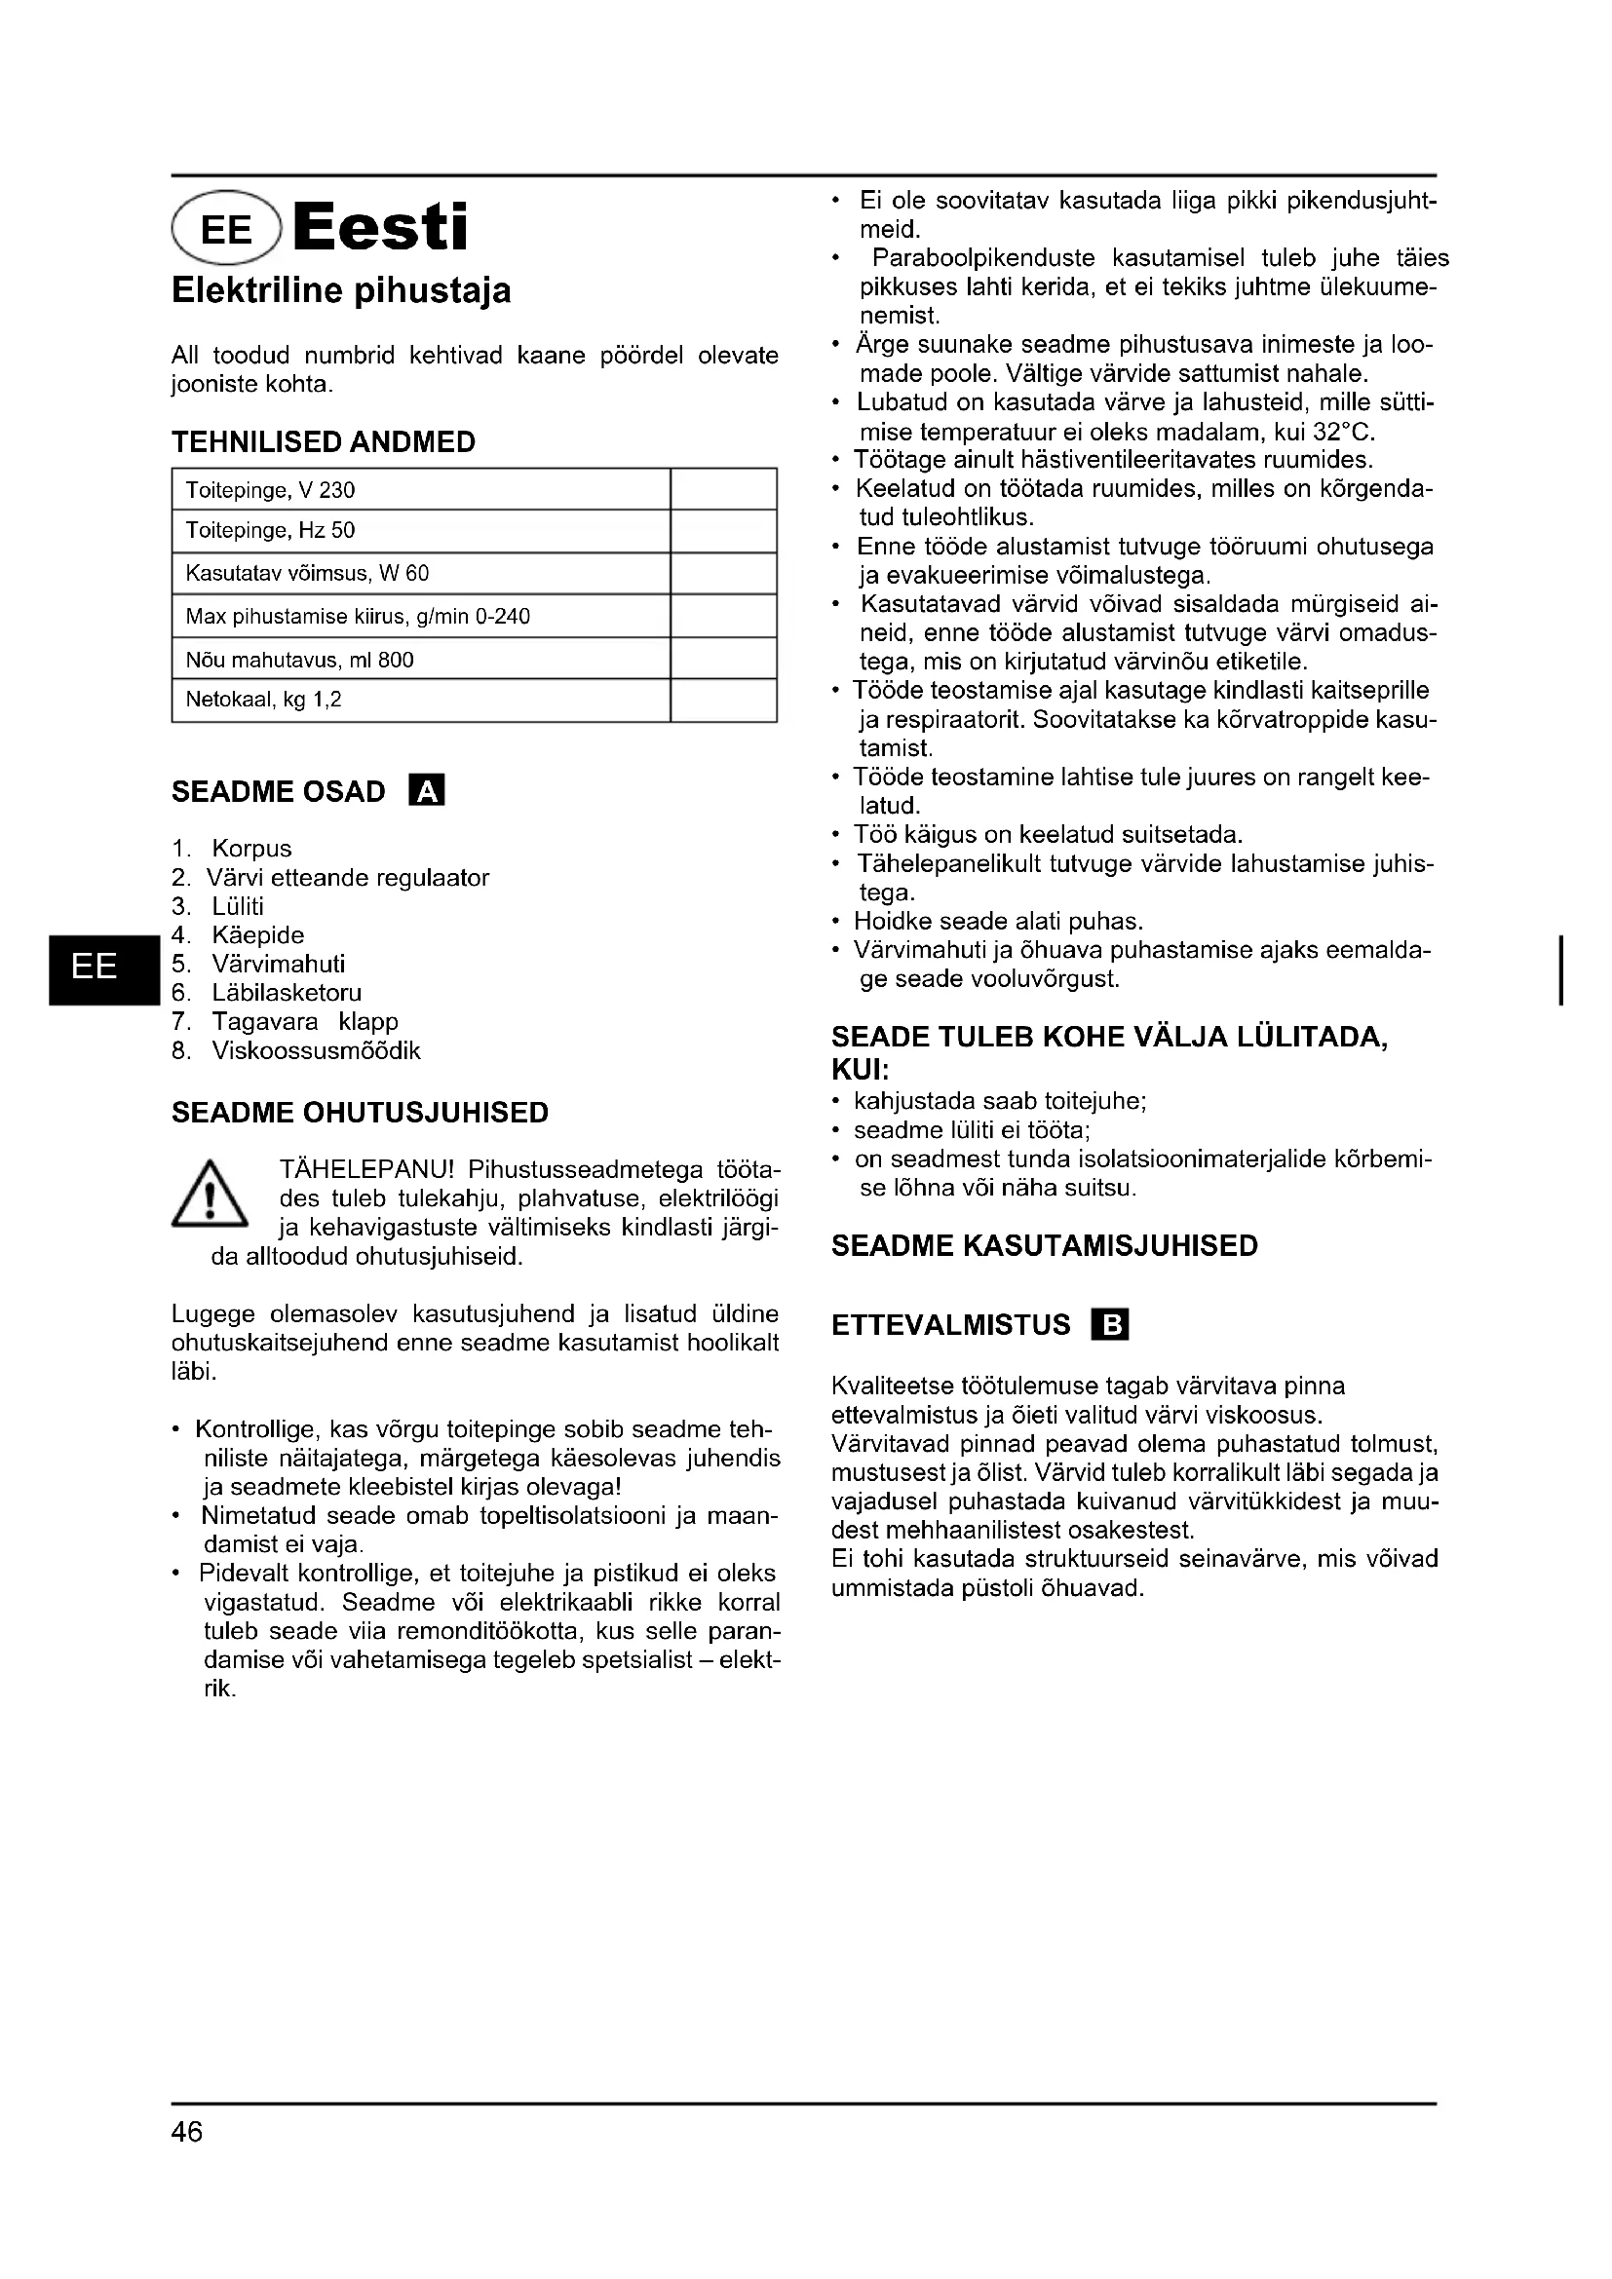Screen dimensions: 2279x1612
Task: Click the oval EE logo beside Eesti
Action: click(227, 229)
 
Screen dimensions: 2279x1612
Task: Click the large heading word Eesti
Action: click(380, 227)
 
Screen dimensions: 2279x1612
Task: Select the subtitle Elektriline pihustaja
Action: click(341, 290)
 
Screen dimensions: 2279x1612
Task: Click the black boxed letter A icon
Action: click(427, 791)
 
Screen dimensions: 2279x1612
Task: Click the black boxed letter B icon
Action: click(1110, 1325)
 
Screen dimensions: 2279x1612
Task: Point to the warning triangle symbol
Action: click(210, 1196)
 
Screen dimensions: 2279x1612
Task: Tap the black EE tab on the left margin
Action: click(96, 966)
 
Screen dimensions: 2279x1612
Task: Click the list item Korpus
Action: click(252, 849)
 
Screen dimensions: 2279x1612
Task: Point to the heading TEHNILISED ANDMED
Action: click(324, 441)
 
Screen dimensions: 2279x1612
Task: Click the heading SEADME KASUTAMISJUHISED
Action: click(1044, 1246)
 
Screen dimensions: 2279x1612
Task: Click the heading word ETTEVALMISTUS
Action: click(951, 1325)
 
